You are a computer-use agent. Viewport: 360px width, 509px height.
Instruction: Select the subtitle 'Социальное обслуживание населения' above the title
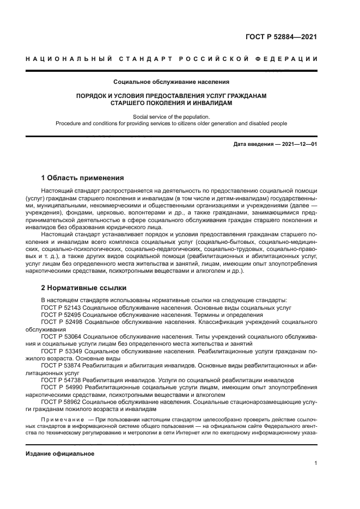tap(171, 82)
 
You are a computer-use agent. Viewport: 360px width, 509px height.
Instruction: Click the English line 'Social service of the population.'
tap(171, 116)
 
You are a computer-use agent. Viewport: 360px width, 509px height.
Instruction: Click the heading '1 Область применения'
tap(83, 178)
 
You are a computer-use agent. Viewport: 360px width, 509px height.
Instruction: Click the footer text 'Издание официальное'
tap(60, 453)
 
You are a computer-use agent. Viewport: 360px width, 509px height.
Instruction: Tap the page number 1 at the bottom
tap(316, 463)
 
